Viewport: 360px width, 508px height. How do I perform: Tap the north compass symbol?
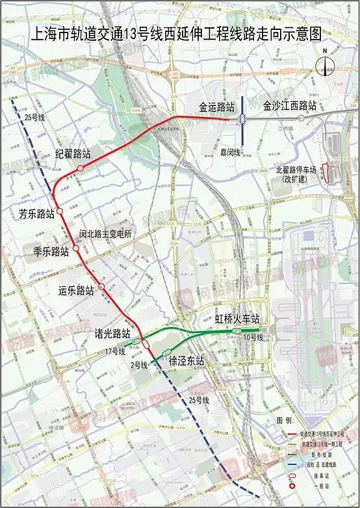click(325, 64)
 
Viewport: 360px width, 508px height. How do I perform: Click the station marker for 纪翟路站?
click(80, 168)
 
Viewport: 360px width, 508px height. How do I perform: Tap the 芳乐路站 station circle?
click(59, 211)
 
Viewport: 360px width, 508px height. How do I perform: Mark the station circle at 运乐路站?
click(101, 286)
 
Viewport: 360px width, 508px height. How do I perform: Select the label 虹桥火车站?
click(237, 319)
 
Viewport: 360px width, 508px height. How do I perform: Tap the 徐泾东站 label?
click(186, 360)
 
